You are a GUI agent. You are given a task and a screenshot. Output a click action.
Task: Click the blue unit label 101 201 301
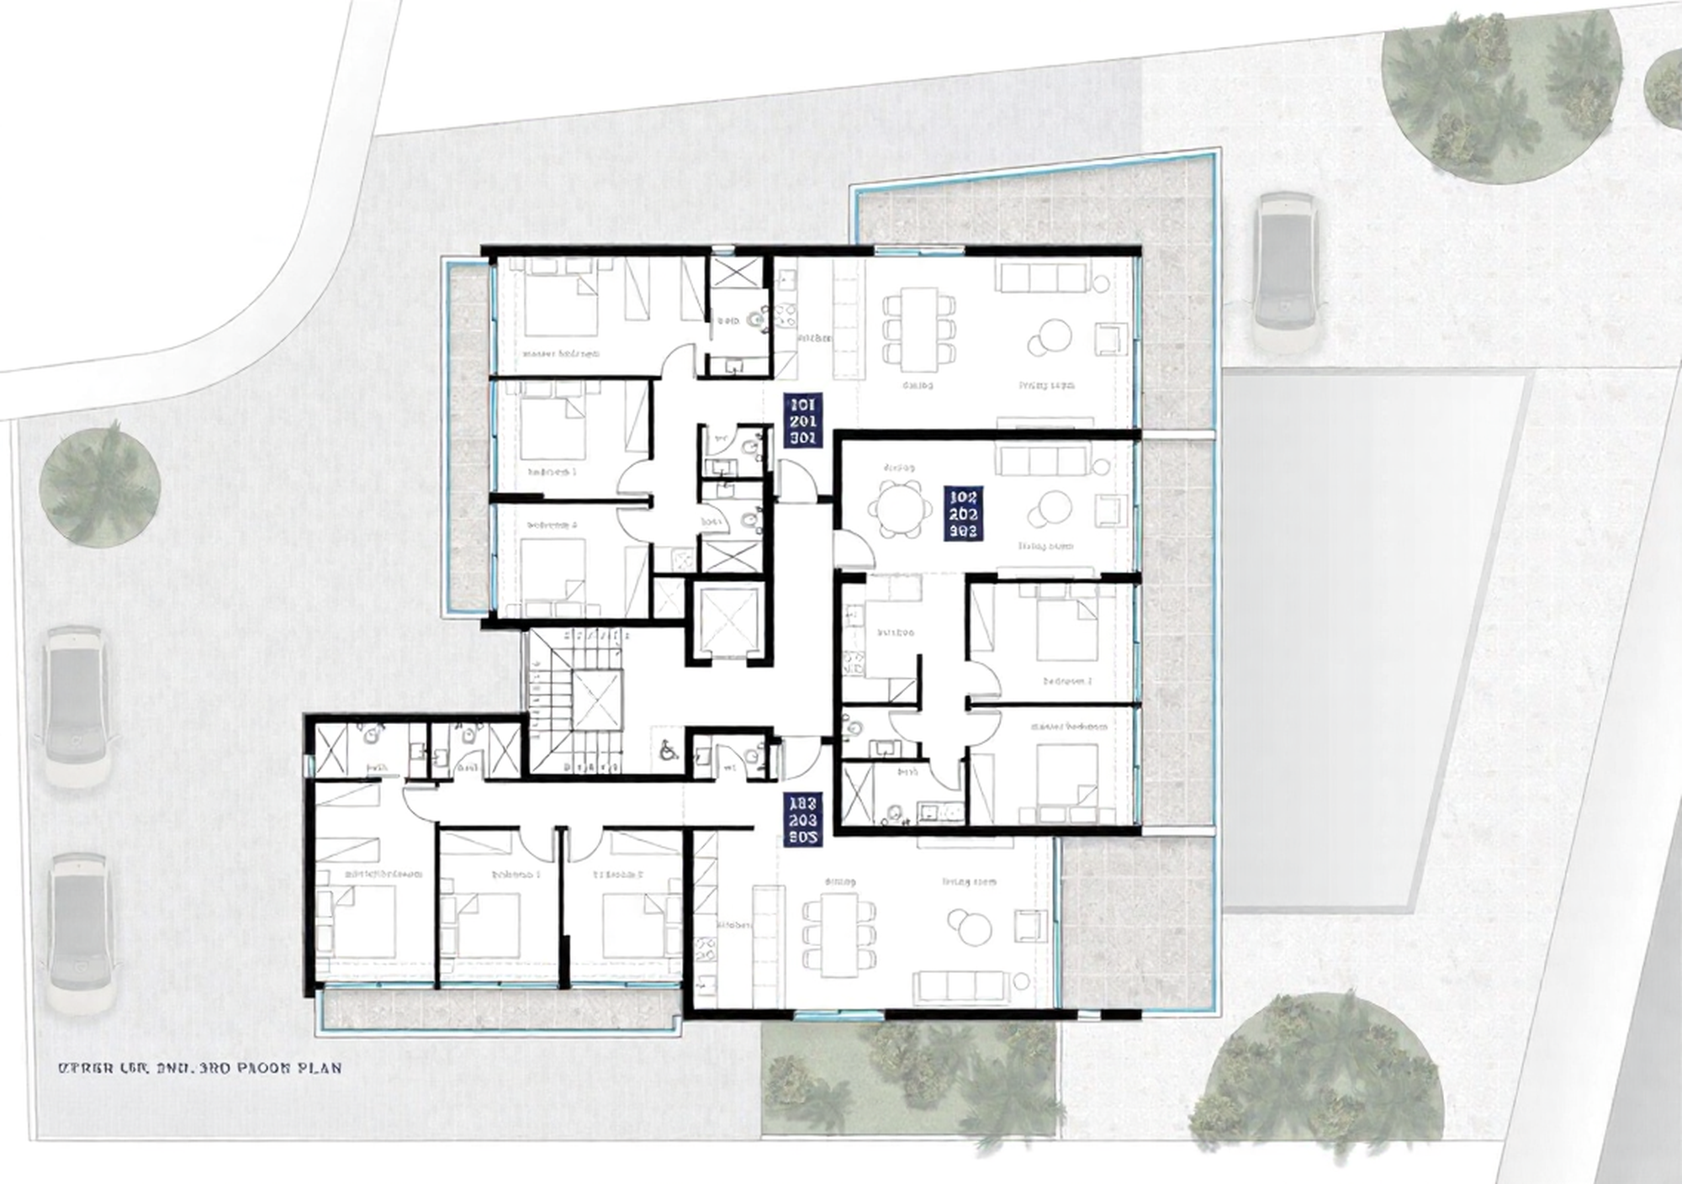tap(803, 420)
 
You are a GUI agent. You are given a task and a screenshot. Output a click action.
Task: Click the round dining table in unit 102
tap(901, 508)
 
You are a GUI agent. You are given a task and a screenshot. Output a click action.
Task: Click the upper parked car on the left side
tap(76, 706)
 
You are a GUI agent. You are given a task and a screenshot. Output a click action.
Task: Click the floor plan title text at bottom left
tap(199, 1069)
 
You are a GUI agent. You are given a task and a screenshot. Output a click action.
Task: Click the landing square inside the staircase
tap(596, 700)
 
